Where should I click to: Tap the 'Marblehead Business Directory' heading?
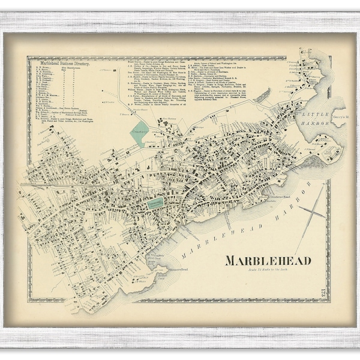coord(66,62)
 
